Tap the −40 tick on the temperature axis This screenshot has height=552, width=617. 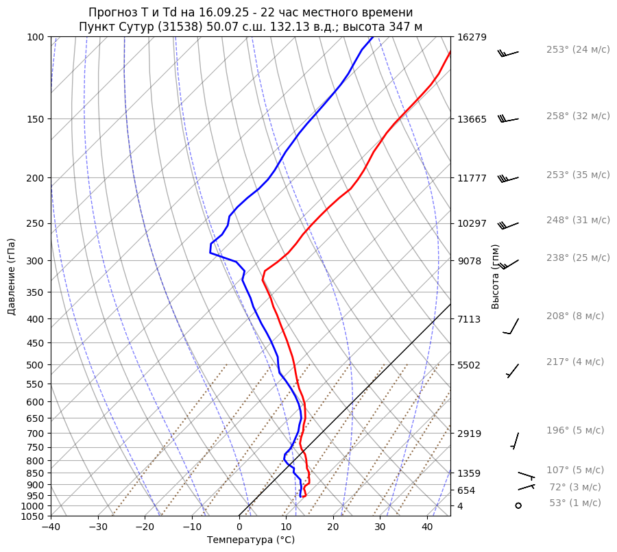51,527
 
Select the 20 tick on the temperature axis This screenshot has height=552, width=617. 333,527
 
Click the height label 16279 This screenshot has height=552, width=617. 472,37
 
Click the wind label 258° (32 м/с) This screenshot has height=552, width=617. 578,116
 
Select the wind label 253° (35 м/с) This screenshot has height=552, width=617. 578,175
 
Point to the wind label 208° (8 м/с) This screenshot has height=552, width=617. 575,316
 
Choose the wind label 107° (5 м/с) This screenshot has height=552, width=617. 575,471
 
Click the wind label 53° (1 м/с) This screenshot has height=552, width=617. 575,503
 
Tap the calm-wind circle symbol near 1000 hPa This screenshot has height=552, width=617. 518,505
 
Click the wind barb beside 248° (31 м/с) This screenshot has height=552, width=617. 508,225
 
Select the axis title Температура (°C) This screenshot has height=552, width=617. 251,540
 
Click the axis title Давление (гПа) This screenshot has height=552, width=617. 12,277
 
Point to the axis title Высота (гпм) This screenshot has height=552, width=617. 496,277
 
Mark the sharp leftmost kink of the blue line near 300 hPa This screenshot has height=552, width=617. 210,253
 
